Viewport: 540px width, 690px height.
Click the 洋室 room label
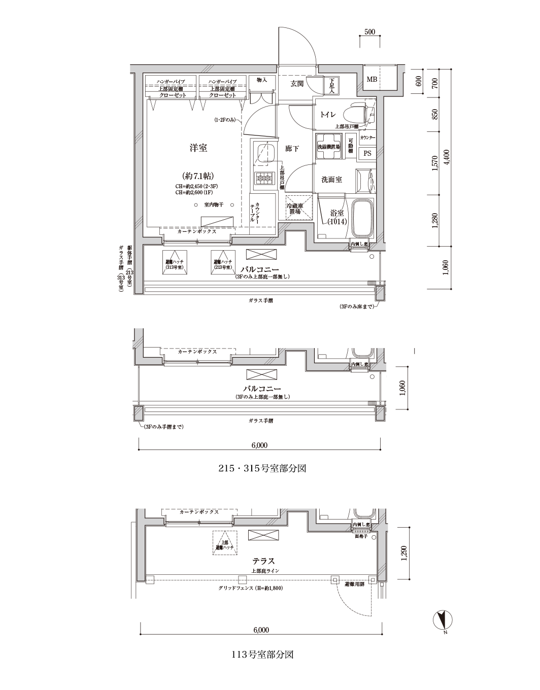pos(198,148)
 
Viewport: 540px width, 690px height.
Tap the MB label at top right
pos(372,80)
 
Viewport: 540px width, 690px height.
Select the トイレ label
pos(327,115)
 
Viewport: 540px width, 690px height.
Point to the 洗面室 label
pos(331,180)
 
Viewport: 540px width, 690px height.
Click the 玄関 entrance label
pos(297,83)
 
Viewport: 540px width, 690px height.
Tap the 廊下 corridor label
pos(292,149)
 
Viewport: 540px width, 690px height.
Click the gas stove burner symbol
pos(264,178)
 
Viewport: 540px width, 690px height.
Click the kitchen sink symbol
pos(264,153)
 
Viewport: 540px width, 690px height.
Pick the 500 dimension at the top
pos(369,32)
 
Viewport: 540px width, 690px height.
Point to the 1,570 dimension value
pos(434,163)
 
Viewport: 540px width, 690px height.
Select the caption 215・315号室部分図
pos(262,468)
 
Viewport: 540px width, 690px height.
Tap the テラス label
pos(264,561)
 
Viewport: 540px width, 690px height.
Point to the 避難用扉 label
pos(355,584)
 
